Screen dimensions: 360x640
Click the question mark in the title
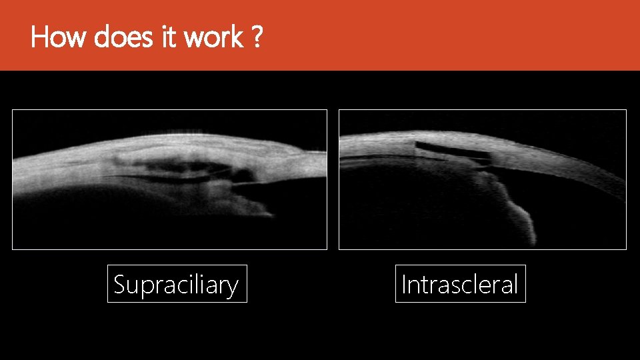pyautogui.click(x=257, y=37)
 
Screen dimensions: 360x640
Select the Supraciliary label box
pyautogui.click(x=177, y=284)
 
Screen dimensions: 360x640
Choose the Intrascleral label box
pyautogui.click(x=460, y=284)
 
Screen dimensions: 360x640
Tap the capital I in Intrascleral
pyautogui.click(x=404, y=285)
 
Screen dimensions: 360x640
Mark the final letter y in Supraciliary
pyautogui.click(x=231, y=287)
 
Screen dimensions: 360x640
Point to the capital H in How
pyautogui.click(x=39, y=37)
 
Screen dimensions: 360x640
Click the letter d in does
pyautogui.click(x=103, y=37)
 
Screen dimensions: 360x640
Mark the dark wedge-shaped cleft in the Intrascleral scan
pyautogui.click(x=453, y=153)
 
